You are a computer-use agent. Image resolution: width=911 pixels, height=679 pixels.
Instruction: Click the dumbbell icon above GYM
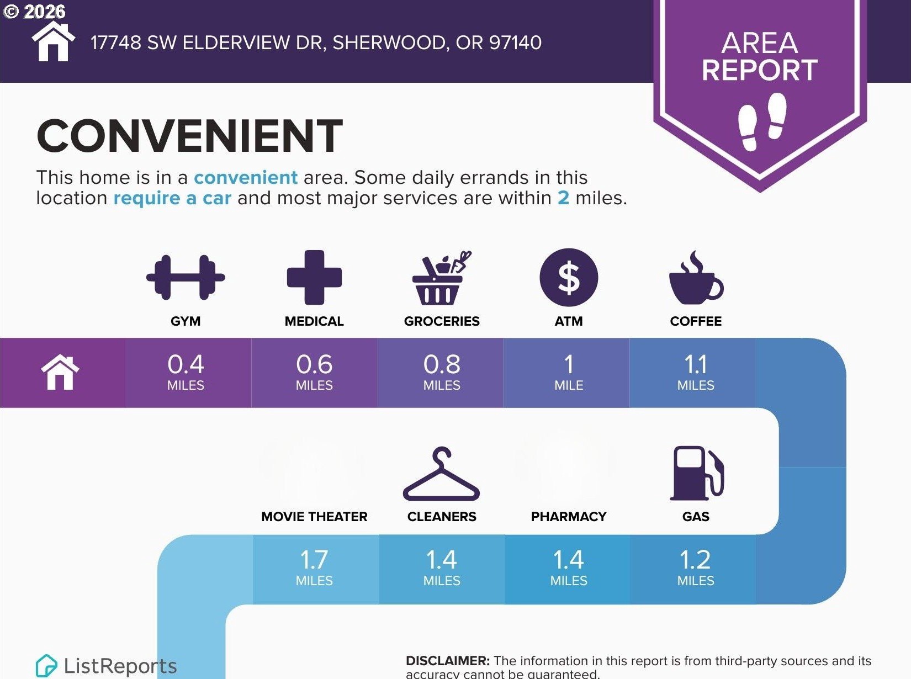(x=186, y=277)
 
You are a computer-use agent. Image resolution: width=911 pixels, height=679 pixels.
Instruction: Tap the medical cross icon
(x=314, y=277)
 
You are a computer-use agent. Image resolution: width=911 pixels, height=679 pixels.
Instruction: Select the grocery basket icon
(x=442, y=278)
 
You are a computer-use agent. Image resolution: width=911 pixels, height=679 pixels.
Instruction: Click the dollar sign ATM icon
(x=569, y=277)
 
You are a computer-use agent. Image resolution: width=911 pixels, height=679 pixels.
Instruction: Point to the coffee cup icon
(x=696, y=278)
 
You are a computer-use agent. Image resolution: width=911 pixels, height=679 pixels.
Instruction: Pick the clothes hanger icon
(x=441, y=474)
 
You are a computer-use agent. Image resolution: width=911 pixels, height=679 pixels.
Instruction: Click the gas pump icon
(x=697, y=473)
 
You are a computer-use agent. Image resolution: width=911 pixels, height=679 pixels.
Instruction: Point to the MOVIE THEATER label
(x=314, y=516)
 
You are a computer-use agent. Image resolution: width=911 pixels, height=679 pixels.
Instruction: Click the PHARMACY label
(x=569, y=516)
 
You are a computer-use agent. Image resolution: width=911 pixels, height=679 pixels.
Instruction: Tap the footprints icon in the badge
(x=762, y=121)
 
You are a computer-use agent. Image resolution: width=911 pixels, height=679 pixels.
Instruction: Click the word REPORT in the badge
(x=760, y=70)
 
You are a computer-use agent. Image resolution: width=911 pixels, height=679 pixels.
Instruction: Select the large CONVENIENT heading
(x=190, y=136)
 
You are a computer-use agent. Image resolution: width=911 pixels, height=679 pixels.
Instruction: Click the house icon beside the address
(x=54, y=41)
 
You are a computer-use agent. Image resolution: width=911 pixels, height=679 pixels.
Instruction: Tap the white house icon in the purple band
(x=60, y=372)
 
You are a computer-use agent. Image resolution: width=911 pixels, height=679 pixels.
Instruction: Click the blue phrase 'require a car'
(x=172, y=198)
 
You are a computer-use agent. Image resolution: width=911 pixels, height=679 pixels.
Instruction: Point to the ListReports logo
(x=106, y=666)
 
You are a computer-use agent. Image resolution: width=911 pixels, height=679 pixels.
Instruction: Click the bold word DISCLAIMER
(x=448, y=660)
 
